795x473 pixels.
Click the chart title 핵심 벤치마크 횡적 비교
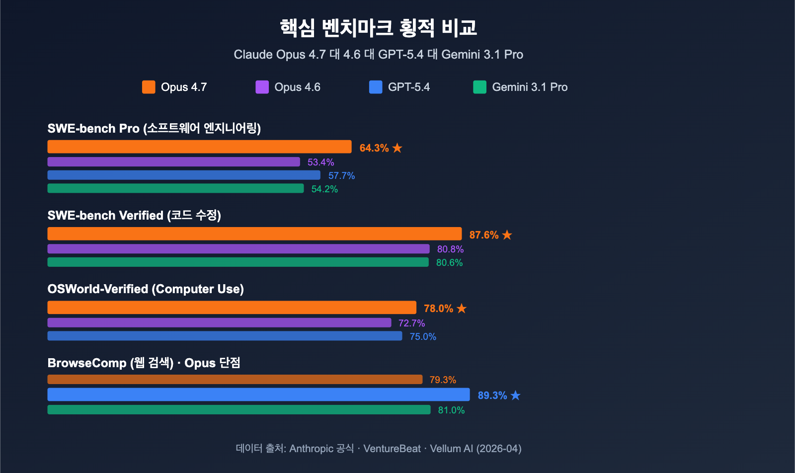pos(378,28)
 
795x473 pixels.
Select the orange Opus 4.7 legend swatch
pos(149,87)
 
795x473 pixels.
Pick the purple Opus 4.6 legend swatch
pos(262,87)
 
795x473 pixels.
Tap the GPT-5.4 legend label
pos(408,87)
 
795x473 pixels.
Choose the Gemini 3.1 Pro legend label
pos(529,87)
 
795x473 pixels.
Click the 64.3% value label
pos(374,148)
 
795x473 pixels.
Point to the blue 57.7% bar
pos(184,175)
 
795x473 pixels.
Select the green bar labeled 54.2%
pos(175,188)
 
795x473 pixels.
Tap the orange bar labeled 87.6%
pos(254,234)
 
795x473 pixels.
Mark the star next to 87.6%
pos(507,235)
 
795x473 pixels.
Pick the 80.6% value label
pos(449,263)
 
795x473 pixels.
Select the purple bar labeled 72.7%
pos(219,322)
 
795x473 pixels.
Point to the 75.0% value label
pos(423,337)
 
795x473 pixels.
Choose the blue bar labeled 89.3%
pos(258,394)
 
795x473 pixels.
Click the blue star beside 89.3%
pos(515,395)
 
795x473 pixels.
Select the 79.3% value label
pos(443,380)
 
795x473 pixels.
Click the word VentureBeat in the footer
pos(392,449)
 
